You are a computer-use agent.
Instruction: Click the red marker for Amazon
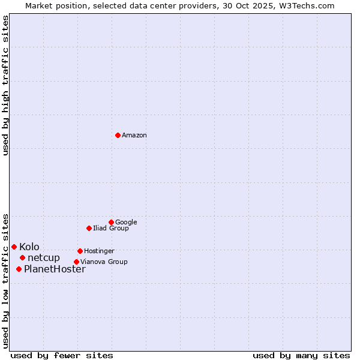click(118, 135)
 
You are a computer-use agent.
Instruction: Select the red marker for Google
click(111, 222)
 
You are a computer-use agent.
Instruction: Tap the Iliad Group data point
click(89, 228)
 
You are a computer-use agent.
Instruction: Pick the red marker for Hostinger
click(80, 251)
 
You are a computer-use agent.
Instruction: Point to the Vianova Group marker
click(76, 262)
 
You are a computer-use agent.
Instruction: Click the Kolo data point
click(14, 247)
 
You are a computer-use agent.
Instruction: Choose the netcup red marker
click(22, 257)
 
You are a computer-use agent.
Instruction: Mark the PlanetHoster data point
click(19, 269)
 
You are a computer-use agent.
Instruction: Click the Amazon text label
click(134, 136)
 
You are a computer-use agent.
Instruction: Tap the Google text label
click(126, 223)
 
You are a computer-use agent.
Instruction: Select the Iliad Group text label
click(111, 229)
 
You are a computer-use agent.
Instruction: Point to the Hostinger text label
click(99, 251)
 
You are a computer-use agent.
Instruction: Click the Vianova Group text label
click(104, 262)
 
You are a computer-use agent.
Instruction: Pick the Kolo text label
click(29, 247)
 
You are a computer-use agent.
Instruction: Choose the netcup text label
click(44, 258)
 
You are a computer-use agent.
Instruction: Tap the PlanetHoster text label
click(55, 269)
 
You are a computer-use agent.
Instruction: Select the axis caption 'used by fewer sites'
click(62, 355)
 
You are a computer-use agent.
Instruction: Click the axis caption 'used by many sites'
click(301, 355)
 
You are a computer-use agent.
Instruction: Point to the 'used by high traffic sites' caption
click(5, 85)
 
